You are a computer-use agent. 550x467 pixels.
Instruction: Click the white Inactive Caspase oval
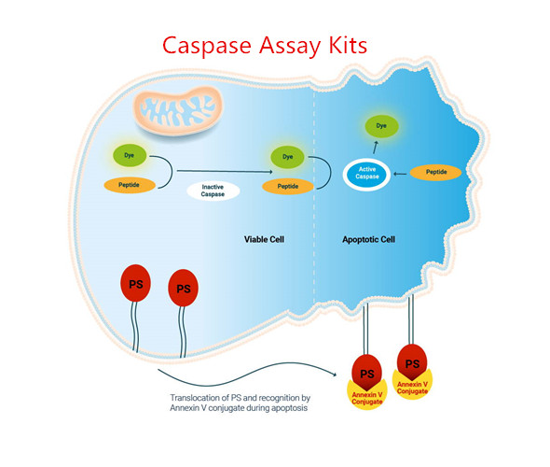point(213,191)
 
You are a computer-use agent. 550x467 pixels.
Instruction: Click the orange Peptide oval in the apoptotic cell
point(442,173)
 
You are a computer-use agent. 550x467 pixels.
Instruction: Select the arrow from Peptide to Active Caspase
point(406,174)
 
